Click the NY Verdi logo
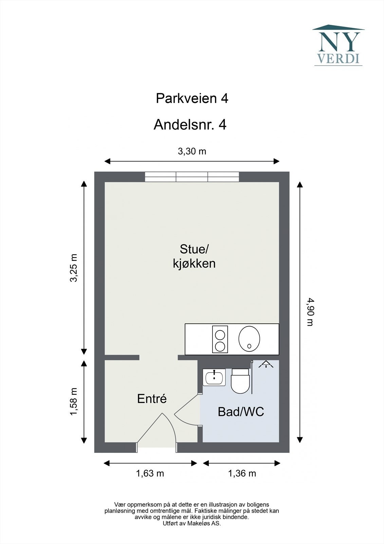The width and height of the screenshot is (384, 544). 339,45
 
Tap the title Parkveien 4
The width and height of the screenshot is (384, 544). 192,99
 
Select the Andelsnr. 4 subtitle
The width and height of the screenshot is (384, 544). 190,125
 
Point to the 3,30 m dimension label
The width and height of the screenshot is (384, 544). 192,151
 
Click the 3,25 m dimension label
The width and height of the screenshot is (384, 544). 73,268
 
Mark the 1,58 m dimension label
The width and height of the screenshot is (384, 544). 73,402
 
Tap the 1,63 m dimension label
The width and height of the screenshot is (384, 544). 150,473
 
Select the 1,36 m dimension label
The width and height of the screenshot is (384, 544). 242,473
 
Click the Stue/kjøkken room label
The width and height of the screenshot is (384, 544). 194,256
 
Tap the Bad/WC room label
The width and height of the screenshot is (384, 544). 241,412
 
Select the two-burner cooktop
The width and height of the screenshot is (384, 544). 220,339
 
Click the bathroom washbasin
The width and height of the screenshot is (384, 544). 214,377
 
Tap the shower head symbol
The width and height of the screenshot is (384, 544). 266,364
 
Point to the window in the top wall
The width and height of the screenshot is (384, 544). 192,176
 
